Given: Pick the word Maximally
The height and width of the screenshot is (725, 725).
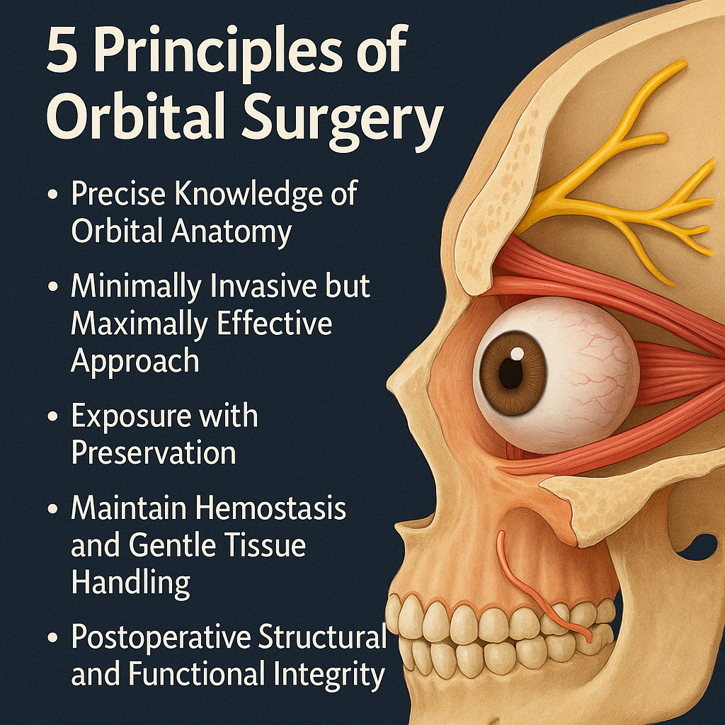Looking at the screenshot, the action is pyautogui.click(x=138, y=324).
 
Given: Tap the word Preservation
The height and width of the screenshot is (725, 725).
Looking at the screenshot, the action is pyautogui.click(x=154, y=452).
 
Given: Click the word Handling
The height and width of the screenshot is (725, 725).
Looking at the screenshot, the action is pyautogui.click(x=130, y=582).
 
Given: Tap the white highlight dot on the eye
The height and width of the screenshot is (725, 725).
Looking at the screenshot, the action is pyautogui.click(x=518, y=352).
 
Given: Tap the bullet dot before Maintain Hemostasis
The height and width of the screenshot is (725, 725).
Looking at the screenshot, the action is pyautogui.click(x=52, y=510).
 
